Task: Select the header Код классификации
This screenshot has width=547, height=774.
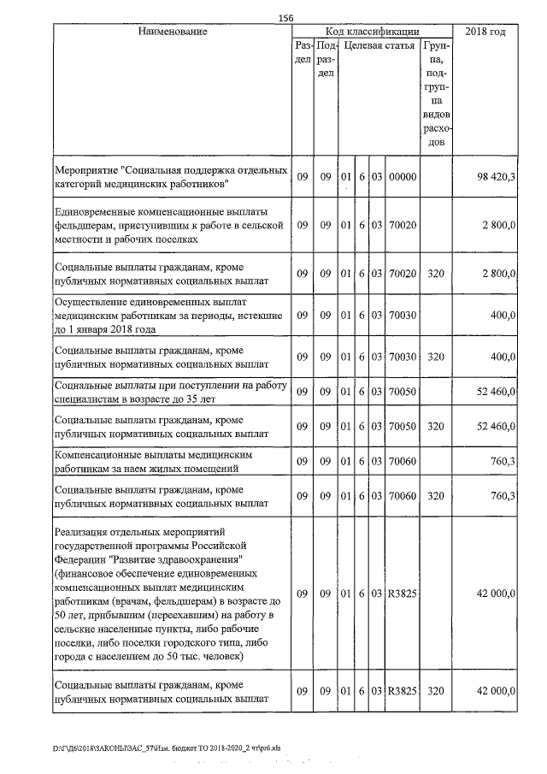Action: pos(372,32)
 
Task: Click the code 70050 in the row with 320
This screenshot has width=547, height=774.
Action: pos(402,425)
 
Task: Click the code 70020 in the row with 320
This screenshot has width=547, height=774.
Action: pos(402,273)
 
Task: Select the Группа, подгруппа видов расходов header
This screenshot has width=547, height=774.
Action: pos(436,94)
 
